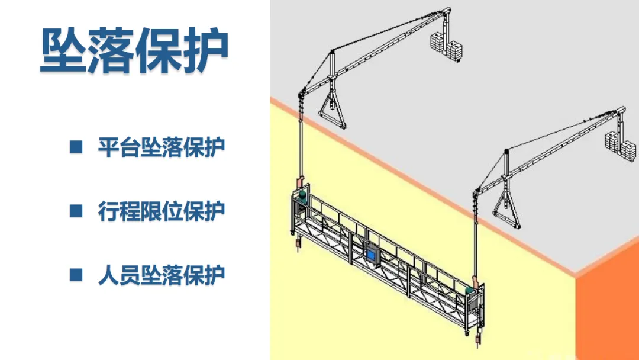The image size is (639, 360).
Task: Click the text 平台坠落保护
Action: coord(162,147)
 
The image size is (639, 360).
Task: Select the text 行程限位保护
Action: coord(162,211)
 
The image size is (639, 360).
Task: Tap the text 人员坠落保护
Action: coord(162,275)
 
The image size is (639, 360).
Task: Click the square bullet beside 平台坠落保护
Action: coord(76,147)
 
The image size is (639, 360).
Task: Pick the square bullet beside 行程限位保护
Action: coord(76,211)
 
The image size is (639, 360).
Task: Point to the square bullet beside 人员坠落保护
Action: coord(76,275)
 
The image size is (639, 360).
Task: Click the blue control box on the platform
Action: coord(373,253)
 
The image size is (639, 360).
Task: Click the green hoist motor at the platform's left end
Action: coord(303,194)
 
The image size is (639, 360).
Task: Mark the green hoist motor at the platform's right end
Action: coord(471,291)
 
